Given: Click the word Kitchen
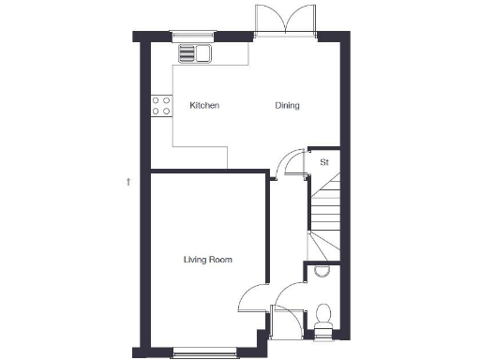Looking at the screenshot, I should (x=204, y=106).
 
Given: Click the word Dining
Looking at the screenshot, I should (x=287, y=106).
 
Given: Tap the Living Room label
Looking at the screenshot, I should (x=208, y=260).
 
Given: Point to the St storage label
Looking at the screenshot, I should (x=324, y=162).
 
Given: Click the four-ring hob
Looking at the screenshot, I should (x=160, y=106).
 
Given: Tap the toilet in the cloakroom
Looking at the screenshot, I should (x=323, y=315).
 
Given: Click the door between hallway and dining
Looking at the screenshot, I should (x=294, y=162).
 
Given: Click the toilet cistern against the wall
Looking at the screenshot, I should (x=324, y=325).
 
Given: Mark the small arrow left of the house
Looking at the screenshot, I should (x=127, y=181).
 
